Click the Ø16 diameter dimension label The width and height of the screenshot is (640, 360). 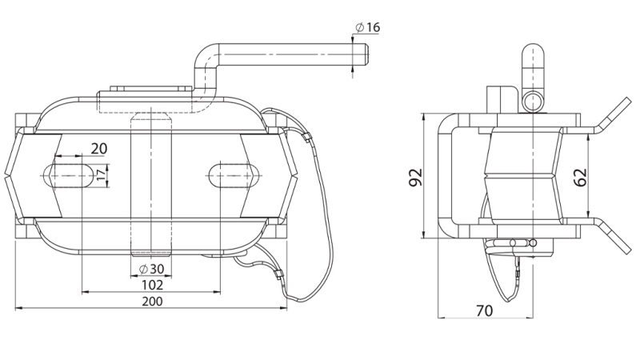pos(368,27)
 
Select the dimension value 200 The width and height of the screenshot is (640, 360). pos(152,302)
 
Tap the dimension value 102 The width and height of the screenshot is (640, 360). pos(152,284)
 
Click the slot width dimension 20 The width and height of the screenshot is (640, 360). pos(99,148)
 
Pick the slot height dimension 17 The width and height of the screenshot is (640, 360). pos(100,174)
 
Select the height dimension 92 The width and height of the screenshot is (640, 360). pos(414,178)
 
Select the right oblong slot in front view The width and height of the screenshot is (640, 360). pos(234,174)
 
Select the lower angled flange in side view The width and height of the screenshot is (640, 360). pos(611,234)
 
